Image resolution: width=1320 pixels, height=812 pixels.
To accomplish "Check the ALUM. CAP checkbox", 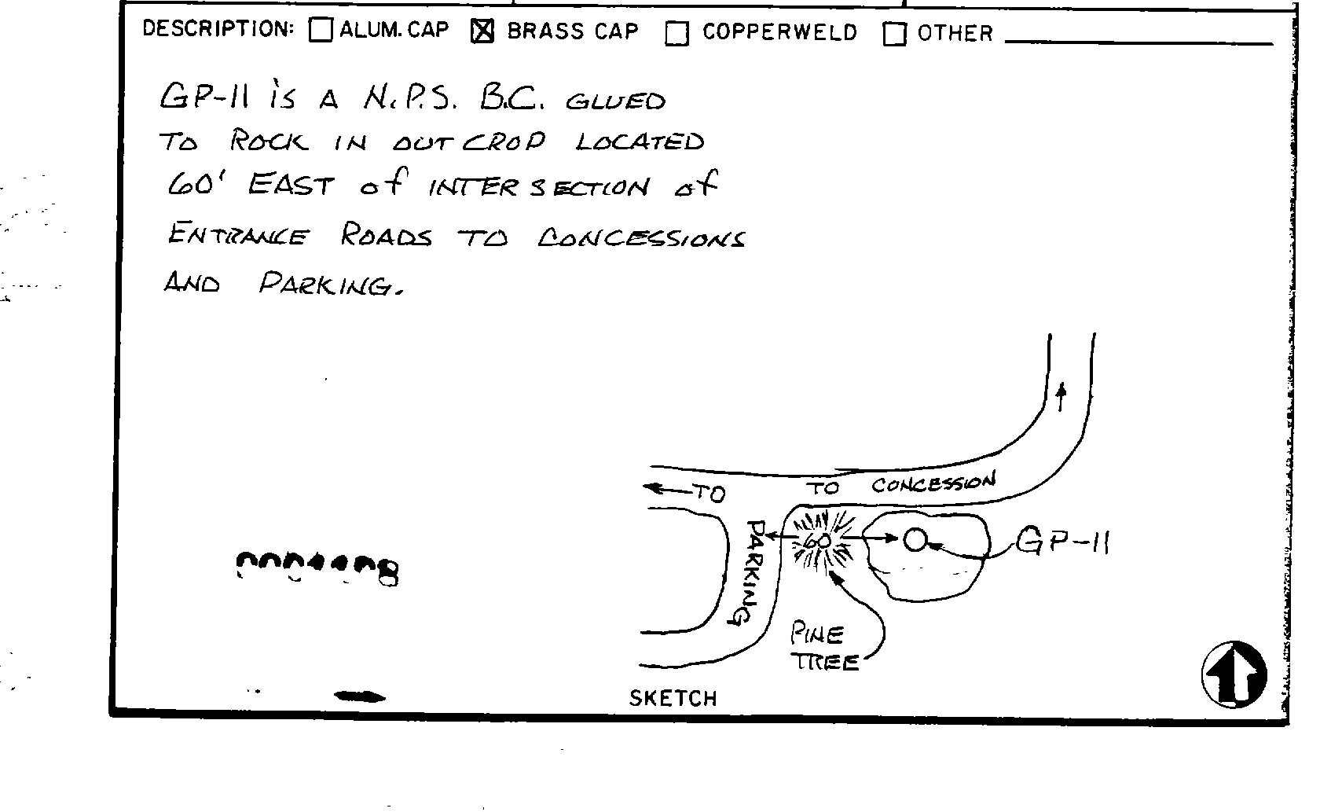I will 321,31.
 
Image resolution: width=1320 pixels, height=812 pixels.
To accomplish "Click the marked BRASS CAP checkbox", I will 482,31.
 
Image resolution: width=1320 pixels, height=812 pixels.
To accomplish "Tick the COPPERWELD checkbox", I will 676,34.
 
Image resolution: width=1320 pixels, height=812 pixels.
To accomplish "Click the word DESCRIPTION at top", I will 218,30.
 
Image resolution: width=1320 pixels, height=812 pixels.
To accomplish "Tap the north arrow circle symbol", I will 1234,674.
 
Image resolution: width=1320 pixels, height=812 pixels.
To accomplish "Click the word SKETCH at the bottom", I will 673,698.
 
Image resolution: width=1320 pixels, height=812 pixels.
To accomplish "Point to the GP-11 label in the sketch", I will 1062,541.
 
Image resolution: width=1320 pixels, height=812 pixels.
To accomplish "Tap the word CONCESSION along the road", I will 933,483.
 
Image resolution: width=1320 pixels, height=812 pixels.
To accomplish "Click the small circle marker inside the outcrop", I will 914,539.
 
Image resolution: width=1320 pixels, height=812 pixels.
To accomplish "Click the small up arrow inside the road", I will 1061,396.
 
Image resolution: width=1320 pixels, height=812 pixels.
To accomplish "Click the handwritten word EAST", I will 291,186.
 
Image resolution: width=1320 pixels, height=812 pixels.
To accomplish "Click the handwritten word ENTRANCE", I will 237,235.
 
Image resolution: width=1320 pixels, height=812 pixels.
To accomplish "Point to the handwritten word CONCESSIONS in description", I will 640,237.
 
